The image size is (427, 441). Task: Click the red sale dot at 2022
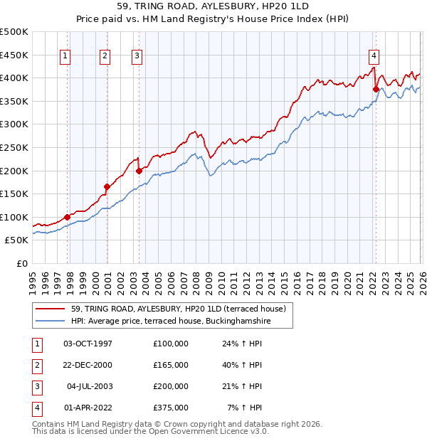(x=376, y=89)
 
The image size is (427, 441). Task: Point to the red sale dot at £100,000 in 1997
(x=68, y=217)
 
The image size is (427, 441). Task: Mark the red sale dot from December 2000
(x=107, y=186)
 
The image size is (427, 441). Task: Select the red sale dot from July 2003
(x=139, y=171)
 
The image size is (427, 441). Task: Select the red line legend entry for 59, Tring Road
(x=178, y=309)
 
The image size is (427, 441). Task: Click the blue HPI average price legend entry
(x=171, y=322)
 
